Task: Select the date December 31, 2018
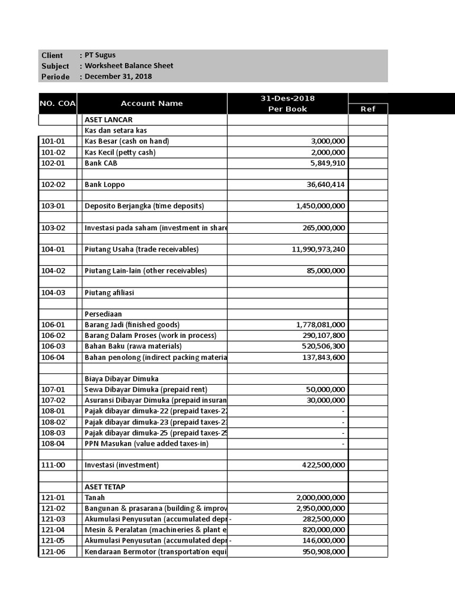(x=118, y=76)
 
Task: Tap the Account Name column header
(x=152, y=103)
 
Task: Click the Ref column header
(x=368, y=109)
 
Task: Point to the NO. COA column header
(x=57, y=103)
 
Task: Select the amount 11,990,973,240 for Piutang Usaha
(x=318, y=249)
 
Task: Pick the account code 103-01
(x=53, y=206)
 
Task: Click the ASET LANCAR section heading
(x=108, y=120)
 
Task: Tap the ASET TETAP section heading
(x=105, y=486)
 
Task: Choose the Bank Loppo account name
(x=105, y=185)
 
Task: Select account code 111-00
(x=53, y=465)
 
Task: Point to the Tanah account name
(x=95, y=498)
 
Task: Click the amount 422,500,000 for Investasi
(x=323, y=465)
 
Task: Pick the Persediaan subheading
(x=103, y=314)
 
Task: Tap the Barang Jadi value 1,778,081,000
(x=321, y=325)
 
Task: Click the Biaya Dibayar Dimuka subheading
(x=121, y=379)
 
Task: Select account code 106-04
(x=53, y=357)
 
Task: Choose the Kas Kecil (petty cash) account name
(x=120, y=152)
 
